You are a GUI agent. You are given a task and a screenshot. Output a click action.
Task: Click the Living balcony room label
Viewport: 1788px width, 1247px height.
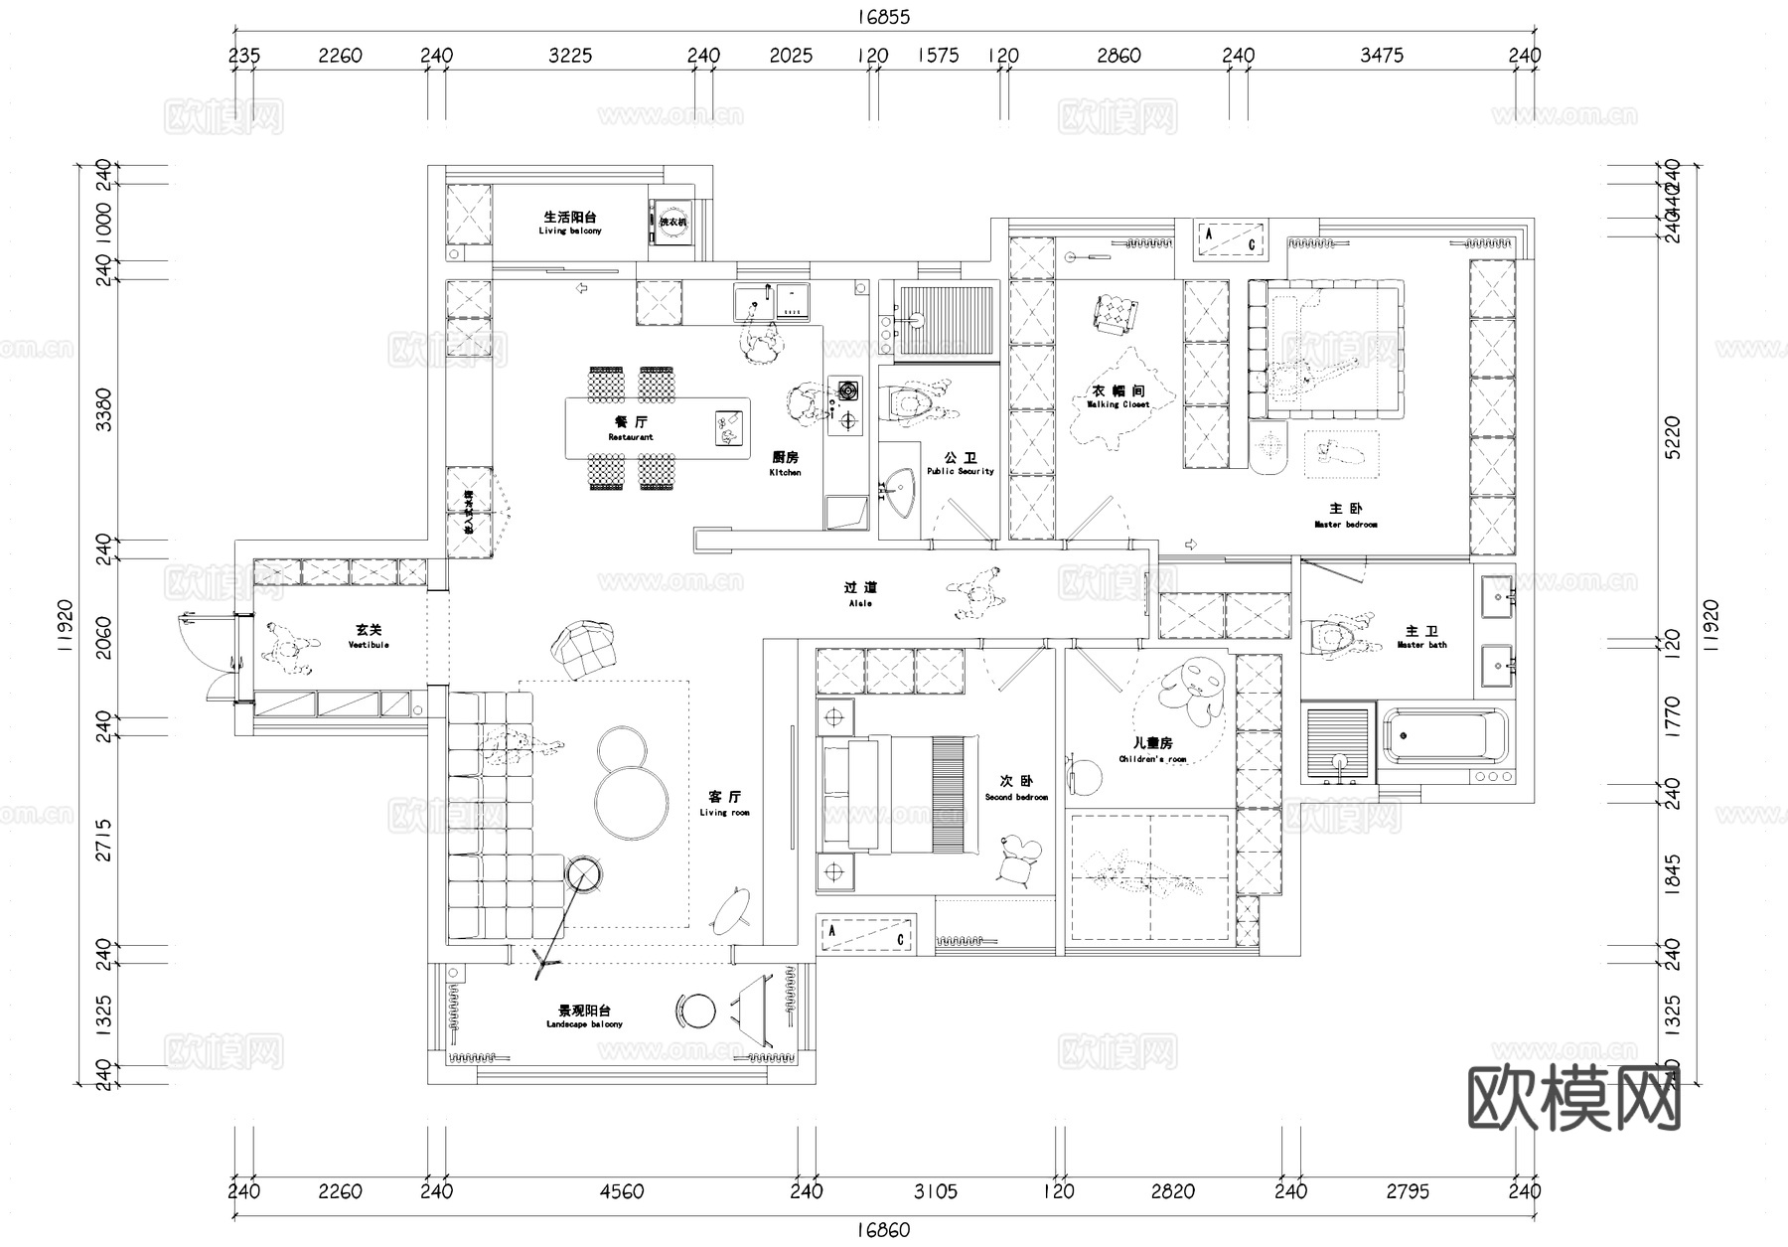click(x=569, y=223)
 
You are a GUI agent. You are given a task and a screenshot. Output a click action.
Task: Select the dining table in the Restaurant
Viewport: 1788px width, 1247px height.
click(x=657, y=428)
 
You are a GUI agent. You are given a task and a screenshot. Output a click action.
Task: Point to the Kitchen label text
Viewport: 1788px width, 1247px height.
click(x=785, y=463)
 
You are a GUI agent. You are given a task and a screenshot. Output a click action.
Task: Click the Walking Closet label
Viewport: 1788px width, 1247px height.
click(x=1117, y=396)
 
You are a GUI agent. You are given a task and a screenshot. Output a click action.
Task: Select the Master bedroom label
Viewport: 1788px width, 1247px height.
click(x=1345, y=515)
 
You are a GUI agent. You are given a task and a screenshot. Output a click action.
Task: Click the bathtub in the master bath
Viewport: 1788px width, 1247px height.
click(x=1442, y=736)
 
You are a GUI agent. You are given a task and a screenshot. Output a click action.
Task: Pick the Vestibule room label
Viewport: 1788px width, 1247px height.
click(x=369, y=636)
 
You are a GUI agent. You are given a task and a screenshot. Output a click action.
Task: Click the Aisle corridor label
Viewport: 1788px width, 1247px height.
click(x=860, y=594)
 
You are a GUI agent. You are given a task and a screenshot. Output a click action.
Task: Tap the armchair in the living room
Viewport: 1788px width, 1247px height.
click(x=586, y=648)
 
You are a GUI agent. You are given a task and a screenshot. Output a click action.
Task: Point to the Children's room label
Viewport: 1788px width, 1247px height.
click(x=1152, y=749)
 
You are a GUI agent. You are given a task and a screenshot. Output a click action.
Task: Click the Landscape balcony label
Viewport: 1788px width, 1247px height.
click(x=584, y=1015)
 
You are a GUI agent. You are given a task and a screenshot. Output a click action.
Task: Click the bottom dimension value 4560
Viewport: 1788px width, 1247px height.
click(x=621, y=1191)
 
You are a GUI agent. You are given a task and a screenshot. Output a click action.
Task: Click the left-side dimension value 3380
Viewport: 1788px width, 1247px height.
click(x=102, y=408)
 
